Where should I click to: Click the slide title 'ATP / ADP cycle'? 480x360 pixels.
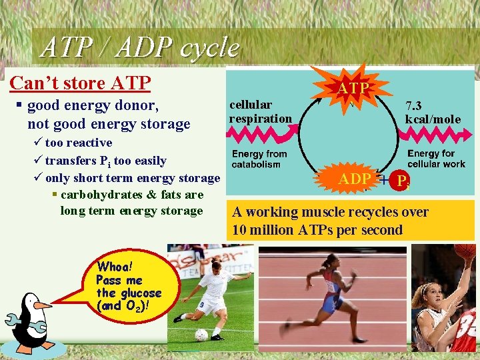139,47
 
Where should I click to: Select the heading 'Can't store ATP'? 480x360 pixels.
80,83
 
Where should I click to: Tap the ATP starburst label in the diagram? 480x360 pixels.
353,88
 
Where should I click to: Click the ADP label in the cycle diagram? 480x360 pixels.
355,179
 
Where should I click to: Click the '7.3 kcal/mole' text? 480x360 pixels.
433,112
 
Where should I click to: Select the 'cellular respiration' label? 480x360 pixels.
261,111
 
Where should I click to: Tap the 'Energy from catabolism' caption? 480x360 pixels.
259,159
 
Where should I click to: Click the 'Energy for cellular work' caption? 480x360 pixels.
436,159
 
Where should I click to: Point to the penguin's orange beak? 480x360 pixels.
41,306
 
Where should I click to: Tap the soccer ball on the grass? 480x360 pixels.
201,335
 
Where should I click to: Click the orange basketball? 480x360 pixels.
465,251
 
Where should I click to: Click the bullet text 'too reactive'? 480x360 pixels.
78,143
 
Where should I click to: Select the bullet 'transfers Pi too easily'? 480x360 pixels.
105,161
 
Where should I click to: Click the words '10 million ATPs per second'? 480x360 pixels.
317,231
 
